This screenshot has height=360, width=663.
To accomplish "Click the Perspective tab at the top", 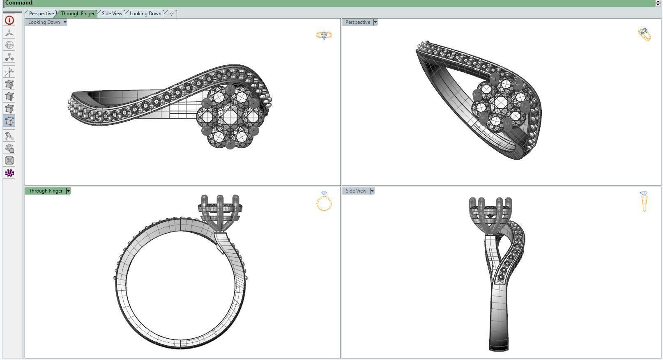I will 41,14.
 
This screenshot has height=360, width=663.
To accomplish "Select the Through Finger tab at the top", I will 78,14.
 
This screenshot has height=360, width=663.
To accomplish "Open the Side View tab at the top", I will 112,14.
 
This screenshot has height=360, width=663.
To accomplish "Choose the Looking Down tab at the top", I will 145,14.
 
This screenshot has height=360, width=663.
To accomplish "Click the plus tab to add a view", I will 171,14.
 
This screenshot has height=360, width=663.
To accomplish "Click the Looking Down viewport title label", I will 44,22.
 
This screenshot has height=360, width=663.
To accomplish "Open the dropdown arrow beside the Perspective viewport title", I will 375,22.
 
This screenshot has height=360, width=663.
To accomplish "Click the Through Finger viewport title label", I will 46,191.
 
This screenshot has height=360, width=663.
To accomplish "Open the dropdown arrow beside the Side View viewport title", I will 372,191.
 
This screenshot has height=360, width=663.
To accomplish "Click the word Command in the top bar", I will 19,3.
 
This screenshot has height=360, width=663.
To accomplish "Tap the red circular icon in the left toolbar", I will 9,20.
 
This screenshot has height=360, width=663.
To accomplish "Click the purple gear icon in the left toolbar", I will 9,173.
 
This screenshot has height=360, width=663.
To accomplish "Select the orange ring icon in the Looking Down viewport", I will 324,35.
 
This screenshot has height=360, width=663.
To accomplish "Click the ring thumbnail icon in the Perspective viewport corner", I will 645,34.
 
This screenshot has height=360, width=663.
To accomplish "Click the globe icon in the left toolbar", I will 9,45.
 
